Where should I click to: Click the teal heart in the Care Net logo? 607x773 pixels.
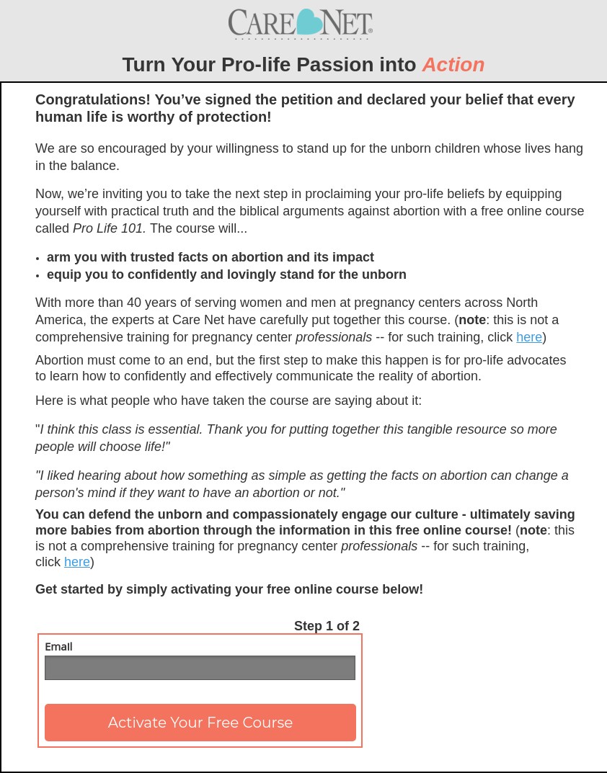[x=309, y=22]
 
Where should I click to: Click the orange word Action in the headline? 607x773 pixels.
[x=453, y=65]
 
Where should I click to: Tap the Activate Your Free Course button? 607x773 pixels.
[x=200, y=723]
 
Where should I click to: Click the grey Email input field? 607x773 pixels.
[x=200, y=668]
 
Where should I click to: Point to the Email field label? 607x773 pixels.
[x=58, y=647]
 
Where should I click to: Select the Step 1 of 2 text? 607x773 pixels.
[x=327, y=626]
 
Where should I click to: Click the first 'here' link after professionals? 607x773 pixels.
[x=528, y=337]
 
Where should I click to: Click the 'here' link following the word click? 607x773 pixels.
[x=76, y=562]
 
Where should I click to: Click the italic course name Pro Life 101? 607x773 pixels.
[x=109, y=228]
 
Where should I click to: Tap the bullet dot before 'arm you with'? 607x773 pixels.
[x=37, y=259]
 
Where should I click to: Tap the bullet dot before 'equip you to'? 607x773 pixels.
[x=37, y=276]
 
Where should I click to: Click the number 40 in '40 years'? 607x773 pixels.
[x=134, y=303]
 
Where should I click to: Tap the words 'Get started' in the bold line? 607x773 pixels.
[x=70, y=589]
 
